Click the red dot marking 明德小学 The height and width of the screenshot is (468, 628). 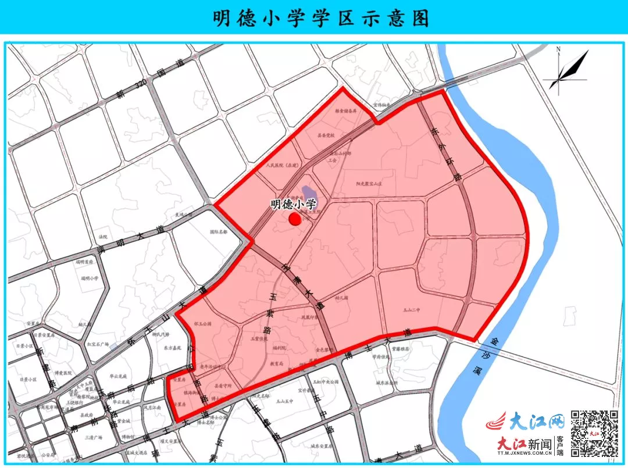(x=295, y=219)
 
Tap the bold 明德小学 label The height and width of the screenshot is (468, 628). (x=293, y=205)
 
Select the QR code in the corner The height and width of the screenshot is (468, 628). (x=594, y=433)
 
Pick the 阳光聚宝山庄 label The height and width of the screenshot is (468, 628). (x=372, y=183)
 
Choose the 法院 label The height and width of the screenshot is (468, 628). (x=104, y=237)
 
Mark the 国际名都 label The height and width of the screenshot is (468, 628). (x=218, y=231)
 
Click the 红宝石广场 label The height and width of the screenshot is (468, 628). (x=97, y=344)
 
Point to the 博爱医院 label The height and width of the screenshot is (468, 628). (x=62, y=373)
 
